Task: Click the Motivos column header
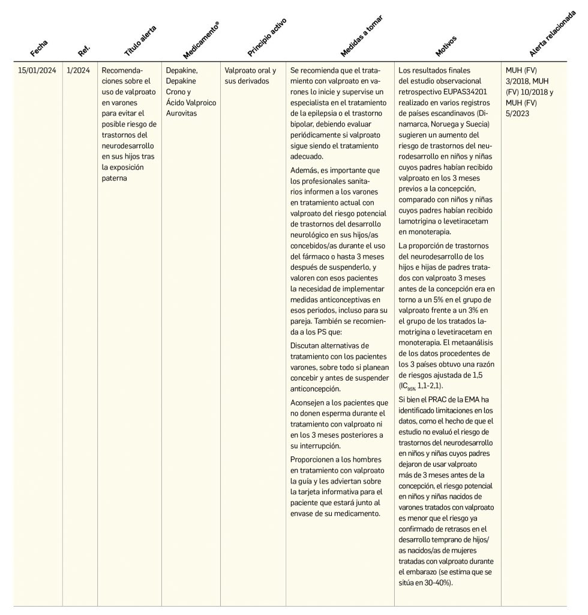(446, 46)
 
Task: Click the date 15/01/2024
(37, 70)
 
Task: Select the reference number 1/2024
(79, 70)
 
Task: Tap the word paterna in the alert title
(115, 178)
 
